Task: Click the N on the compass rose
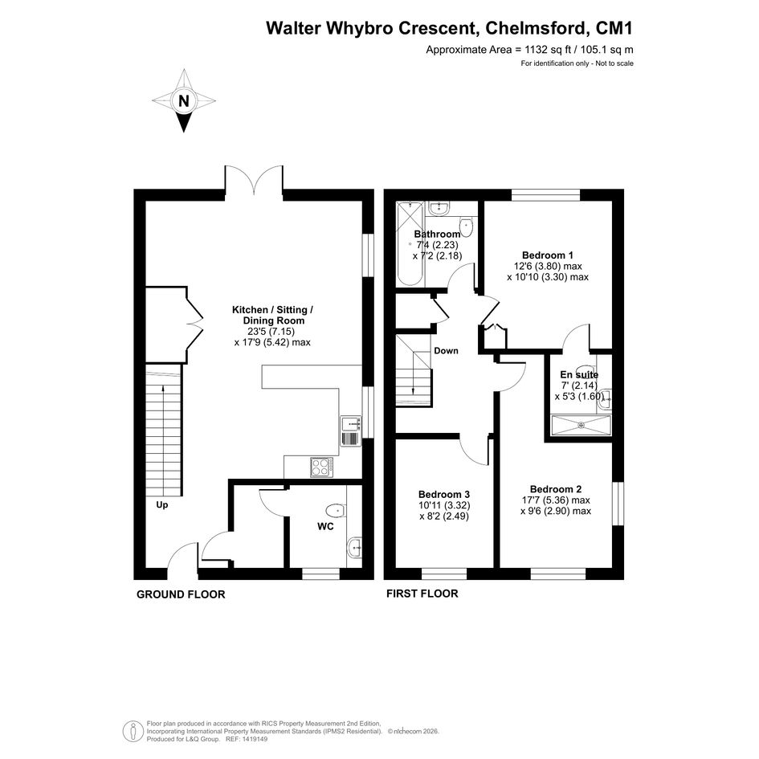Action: coord(184,102)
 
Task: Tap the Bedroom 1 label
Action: coord(548,255)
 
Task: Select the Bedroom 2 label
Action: coord(556,489)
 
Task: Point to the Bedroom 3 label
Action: coord(444,495)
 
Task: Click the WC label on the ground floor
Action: coord(325,527)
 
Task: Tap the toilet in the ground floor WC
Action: coord(336,510)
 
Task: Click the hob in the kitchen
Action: coord(321,467)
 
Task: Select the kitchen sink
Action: coord(350,431)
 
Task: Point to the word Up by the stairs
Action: coord(161,505)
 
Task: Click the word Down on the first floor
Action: coord(446,351)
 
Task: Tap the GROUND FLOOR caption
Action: coord(181,594)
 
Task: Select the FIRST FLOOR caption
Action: coord(422,594)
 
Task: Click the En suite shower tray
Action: coord(581,425)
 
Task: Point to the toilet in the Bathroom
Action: coord(466,226)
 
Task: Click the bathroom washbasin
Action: coord(439,208)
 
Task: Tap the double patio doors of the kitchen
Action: coord(254,181)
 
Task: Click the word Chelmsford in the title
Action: coord(535,29)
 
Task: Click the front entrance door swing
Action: coord(182,557)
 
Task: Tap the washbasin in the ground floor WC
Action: coord(355,549)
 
